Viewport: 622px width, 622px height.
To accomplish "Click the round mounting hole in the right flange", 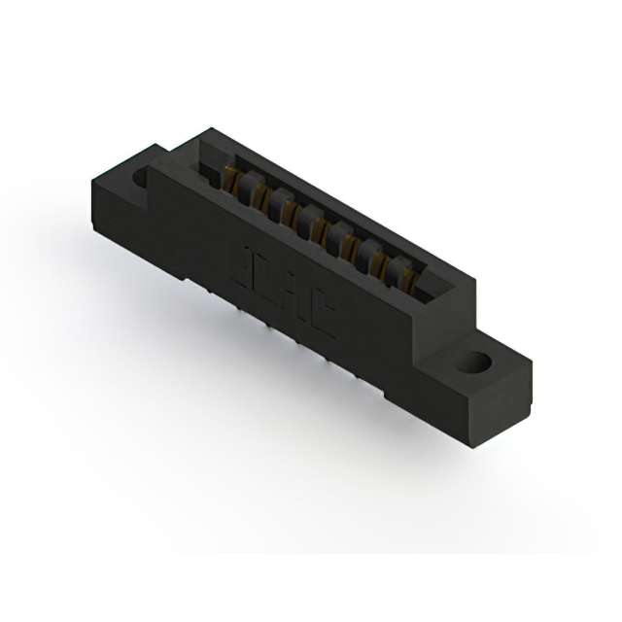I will (475, 364).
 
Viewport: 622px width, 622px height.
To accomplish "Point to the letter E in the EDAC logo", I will (243, 264).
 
